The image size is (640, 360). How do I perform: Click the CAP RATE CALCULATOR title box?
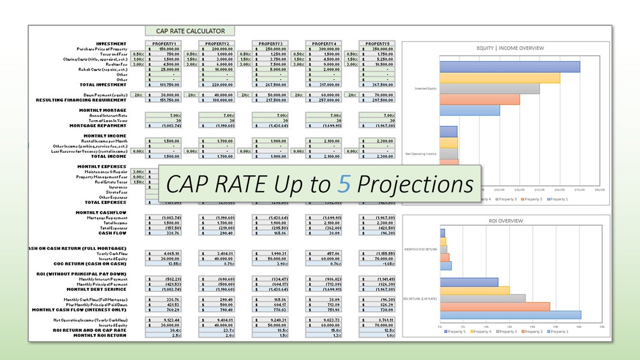coord(189,31)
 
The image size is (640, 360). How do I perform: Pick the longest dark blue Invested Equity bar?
coord(510,66)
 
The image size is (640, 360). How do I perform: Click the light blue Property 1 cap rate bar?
coord(510,315)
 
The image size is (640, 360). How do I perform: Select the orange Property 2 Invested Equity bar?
coord(479,99)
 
